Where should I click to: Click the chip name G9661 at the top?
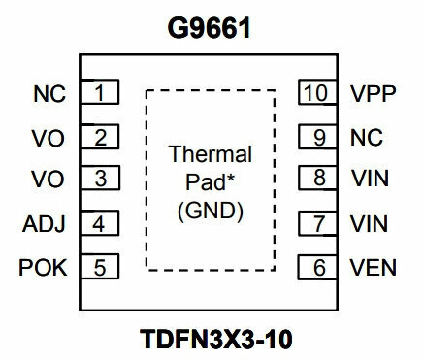pos(209,28)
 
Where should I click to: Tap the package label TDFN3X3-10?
pos(216,339)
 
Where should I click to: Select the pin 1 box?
pos(100,92)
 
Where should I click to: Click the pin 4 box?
pos(100,223)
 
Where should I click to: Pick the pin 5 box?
pos(100,267)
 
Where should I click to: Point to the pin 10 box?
pos(317,92)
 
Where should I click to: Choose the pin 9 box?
pos(317,137)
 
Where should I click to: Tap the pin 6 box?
pos(317,267)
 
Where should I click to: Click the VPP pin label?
pos(374,93)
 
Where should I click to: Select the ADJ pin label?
pos(44,224)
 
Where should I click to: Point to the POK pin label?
pos(43,268)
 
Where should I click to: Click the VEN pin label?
pos(374,268)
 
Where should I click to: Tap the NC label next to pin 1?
pos(49,94)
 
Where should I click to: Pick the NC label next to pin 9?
pos(367,138)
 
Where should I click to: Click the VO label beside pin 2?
pos(49,138)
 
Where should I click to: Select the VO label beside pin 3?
pos(48,179)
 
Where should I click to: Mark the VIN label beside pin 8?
pos(370,179)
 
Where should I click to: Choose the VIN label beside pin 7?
pos(370,223)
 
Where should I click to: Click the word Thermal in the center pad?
pos(211,154)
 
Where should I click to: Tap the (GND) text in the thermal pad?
pos(211,211)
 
